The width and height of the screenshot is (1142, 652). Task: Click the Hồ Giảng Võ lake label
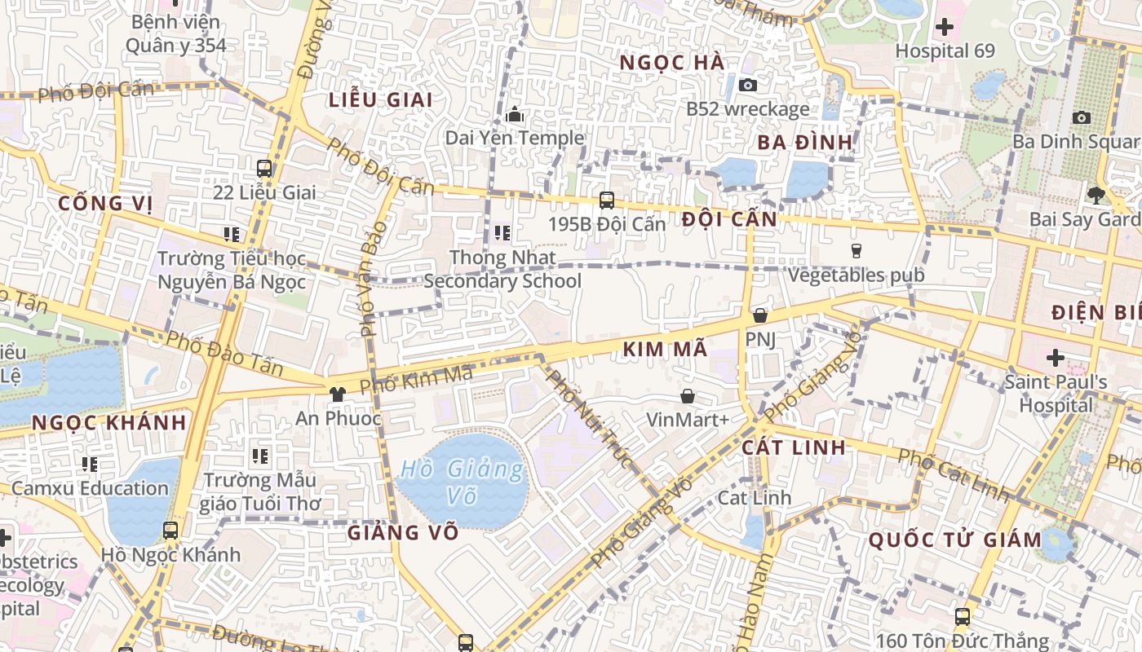coord(463,482)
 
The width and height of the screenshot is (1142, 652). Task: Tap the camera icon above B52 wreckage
coord(747,85)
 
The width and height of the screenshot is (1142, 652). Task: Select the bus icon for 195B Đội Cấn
coord(606,200)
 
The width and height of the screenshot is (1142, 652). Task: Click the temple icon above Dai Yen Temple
coord(515,115)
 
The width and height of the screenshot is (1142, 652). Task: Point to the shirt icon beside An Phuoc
coord(337,394)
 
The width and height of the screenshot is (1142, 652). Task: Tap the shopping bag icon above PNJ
coord(760,315)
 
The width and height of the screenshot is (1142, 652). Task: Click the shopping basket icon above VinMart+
coord(688,396)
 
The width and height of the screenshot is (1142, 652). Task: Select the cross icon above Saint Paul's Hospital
coord(1056,358)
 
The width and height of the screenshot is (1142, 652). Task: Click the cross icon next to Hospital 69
coord(945,27)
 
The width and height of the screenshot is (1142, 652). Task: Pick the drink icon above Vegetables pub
coord(856,250)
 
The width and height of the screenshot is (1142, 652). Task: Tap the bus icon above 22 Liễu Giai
coord(264,169)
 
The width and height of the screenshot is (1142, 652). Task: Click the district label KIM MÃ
coord(665,350)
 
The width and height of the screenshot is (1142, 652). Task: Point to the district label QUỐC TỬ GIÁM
coord(954,540)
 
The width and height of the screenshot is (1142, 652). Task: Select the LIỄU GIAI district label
coord(380,99)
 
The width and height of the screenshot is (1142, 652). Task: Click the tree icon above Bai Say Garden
coord(1096,195)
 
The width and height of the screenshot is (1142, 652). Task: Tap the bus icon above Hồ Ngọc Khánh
coord(170,531)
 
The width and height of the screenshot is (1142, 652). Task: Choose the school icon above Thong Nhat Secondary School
coord(502,234)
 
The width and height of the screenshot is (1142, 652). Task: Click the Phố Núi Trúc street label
coord(589,419)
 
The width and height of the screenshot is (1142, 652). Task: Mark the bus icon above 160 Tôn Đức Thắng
coord(963,617)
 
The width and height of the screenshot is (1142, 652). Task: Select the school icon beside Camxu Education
coord(90,465)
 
